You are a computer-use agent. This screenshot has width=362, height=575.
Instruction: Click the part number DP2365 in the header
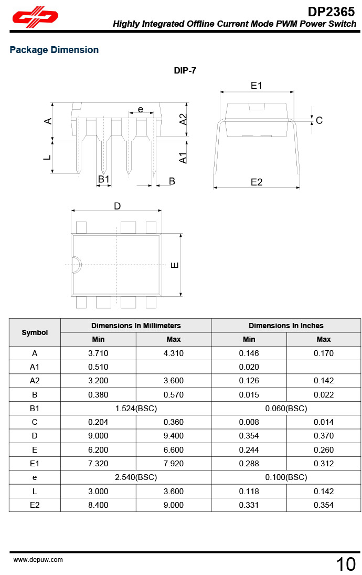coord(331,11)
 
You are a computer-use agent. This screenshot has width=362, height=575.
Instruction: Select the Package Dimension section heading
coord(54,50)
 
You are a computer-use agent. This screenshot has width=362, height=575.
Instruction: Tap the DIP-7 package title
coord(185,70)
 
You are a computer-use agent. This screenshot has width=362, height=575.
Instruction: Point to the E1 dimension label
coord(256,86)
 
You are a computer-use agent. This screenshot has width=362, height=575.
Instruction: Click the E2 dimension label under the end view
coord(257,182)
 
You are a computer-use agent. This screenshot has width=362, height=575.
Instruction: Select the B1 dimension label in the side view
coord(104,180)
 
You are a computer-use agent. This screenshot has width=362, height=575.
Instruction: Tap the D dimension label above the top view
coord(118,206)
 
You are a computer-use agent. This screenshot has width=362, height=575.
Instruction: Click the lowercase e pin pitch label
coord(141,109)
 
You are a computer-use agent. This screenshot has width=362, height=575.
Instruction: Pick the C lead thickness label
coord(319,120)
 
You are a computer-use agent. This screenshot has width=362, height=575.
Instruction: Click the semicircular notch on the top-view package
coord(76,265)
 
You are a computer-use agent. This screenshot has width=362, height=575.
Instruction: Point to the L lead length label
coord(47,157)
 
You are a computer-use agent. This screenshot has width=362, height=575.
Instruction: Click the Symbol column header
coord(35,332)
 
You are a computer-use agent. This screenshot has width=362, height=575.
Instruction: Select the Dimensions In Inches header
coord(286,326)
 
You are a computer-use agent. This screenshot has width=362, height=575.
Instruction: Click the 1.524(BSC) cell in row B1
coord(136,408)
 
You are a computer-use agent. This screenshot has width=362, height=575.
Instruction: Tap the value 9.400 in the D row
coord(174,436)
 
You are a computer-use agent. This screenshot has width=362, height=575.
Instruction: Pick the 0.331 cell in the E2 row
coord(249,505)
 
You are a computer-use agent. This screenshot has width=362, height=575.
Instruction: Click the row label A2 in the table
coord(35,381)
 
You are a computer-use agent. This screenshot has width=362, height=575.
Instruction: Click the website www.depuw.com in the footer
coord(38,560)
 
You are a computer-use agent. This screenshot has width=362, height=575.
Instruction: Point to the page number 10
coord(346,564)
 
